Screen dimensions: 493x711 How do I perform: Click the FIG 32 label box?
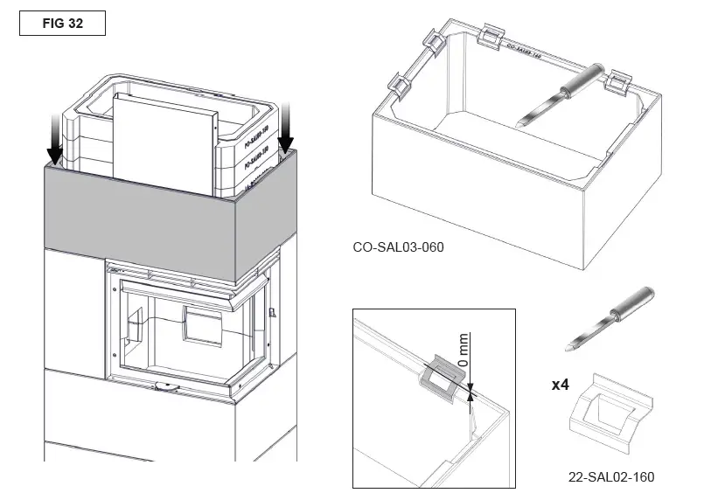tap(62, 24)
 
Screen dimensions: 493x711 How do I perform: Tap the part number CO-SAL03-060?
tap(398, 247)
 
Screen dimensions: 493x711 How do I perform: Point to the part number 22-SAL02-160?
tap(610, 477)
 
